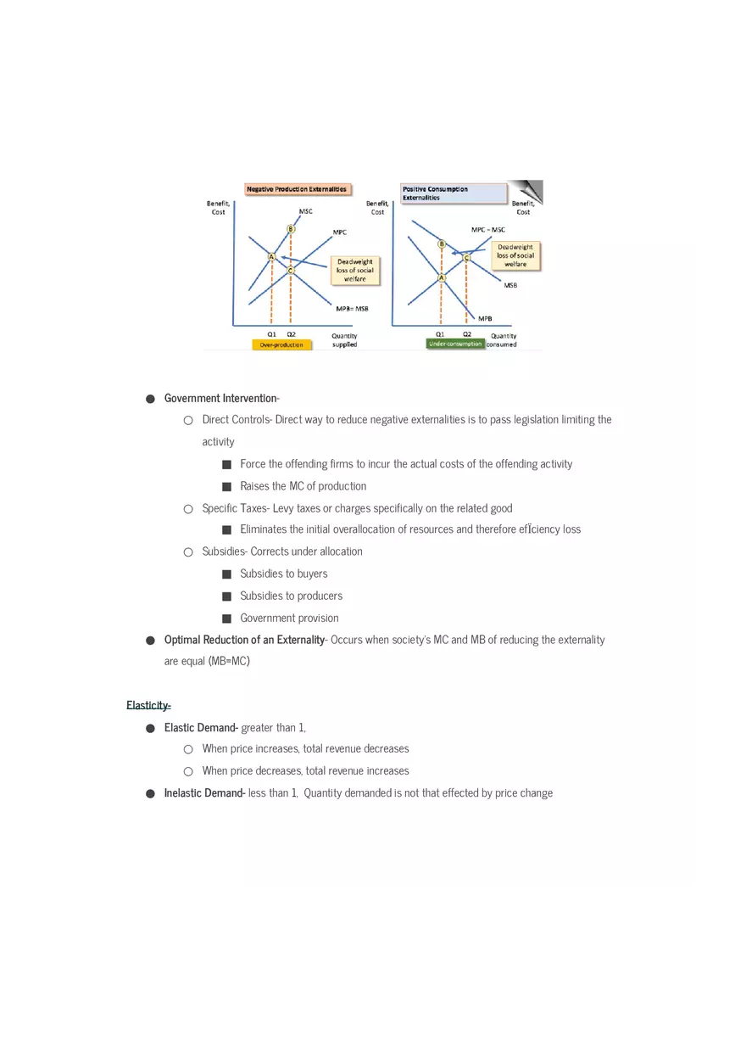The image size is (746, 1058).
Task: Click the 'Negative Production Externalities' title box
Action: tap(297, 189)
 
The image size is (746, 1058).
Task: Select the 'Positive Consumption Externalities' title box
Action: tap(453, 193)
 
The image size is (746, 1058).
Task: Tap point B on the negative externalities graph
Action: tap(291, 229)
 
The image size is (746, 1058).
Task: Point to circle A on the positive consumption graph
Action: tap(442, 277)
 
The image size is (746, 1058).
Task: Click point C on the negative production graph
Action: tap(291, 271)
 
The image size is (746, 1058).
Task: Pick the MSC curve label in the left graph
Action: tap(305, 211)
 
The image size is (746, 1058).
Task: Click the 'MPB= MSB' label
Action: tap(352, 309)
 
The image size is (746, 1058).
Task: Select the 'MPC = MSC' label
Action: tap(488, 229)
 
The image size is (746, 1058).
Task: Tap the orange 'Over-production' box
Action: tap(281, 344)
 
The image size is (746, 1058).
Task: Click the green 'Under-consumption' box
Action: tap(455, 344)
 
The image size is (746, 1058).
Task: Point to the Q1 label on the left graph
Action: tap(271, 334)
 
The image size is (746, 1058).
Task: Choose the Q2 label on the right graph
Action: tap(467, 334)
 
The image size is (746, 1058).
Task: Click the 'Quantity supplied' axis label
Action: tap(344, 339)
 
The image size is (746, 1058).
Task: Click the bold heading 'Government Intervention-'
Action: tap(221, 398)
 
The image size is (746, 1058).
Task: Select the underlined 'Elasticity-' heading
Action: tap(148, 705)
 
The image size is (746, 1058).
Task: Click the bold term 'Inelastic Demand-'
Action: tap(204, 793)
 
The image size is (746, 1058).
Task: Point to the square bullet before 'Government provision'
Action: tap(226, 619)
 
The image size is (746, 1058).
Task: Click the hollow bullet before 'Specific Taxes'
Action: tap(188, 509)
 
